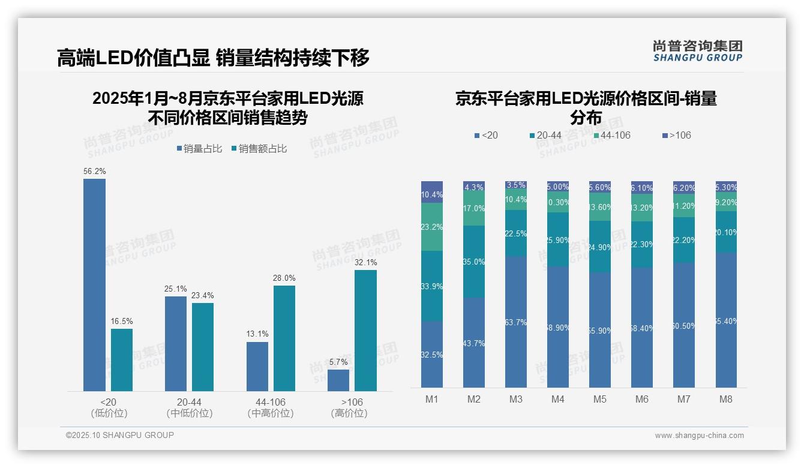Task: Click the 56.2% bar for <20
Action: click(x=94, y=285)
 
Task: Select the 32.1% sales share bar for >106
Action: click(x=365, y=331)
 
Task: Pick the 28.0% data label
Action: click(x=284, y=278)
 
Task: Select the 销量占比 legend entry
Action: click(x=199, y=149)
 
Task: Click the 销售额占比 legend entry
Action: click(x=258, y=149)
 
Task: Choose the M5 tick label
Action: click(x=600, y=399)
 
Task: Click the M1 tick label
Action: click(x=432, y=399)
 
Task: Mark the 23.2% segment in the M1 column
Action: click(x=432, y=227)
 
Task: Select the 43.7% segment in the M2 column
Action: click(x=474, y=343)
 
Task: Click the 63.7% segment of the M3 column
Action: click(x=516, y=322)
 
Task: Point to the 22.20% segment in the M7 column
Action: click(x=684, y=240)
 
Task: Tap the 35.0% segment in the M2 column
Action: click(x=474, y=262)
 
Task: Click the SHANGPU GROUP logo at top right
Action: click(x=698, y=51)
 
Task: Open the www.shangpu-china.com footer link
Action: click(x=699, y=436)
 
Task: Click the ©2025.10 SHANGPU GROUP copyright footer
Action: click(x=120, y=435)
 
